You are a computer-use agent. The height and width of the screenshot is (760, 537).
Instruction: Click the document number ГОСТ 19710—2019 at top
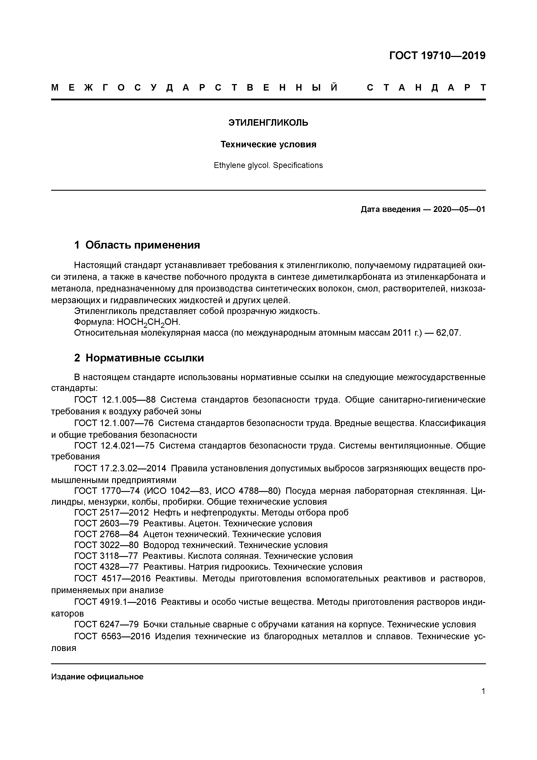pos(437,56)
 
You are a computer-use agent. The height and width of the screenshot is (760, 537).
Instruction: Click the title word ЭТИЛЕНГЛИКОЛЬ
pos(268,123)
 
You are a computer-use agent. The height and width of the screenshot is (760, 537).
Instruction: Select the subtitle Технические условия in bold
pos(268,145)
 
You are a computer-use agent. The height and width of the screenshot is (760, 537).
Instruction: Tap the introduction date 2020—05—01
pos(459,210)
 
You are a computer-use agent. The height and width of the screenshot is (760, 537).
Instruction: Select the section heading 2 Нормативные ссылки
pos(139,358)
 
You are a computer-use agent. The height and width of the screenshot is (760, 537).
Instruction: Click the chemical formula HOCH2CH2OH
pos(148,322)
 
